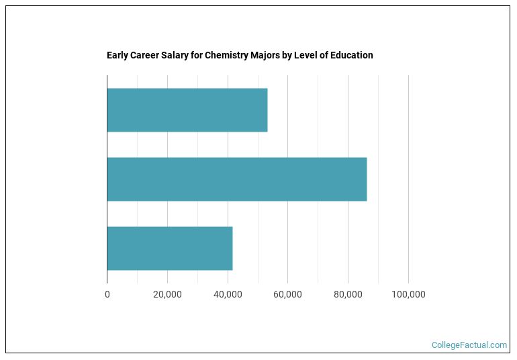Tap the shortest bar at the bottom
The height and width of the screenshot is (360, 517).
point(169,249)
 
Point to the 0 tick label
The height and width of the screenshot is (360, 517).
point(107,294)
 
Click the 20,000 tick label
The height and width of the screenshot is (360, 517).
point(167,294)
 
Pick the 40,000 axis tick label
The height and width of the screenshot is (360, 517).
point(228,294)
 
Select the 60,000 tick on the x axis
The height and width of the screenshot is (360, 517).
point(287,294)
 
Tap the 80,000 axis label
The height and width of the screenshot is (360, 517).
point(348,294)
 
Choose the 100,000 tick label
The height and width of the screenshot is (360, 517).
point(408,294)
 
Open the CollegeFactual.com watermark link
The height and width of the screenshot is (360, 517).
point(469,345)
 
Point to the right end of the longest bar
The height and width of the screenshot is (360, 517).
point(366,179)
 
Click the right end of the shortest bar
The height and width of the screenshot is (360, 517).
point(232,249)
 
